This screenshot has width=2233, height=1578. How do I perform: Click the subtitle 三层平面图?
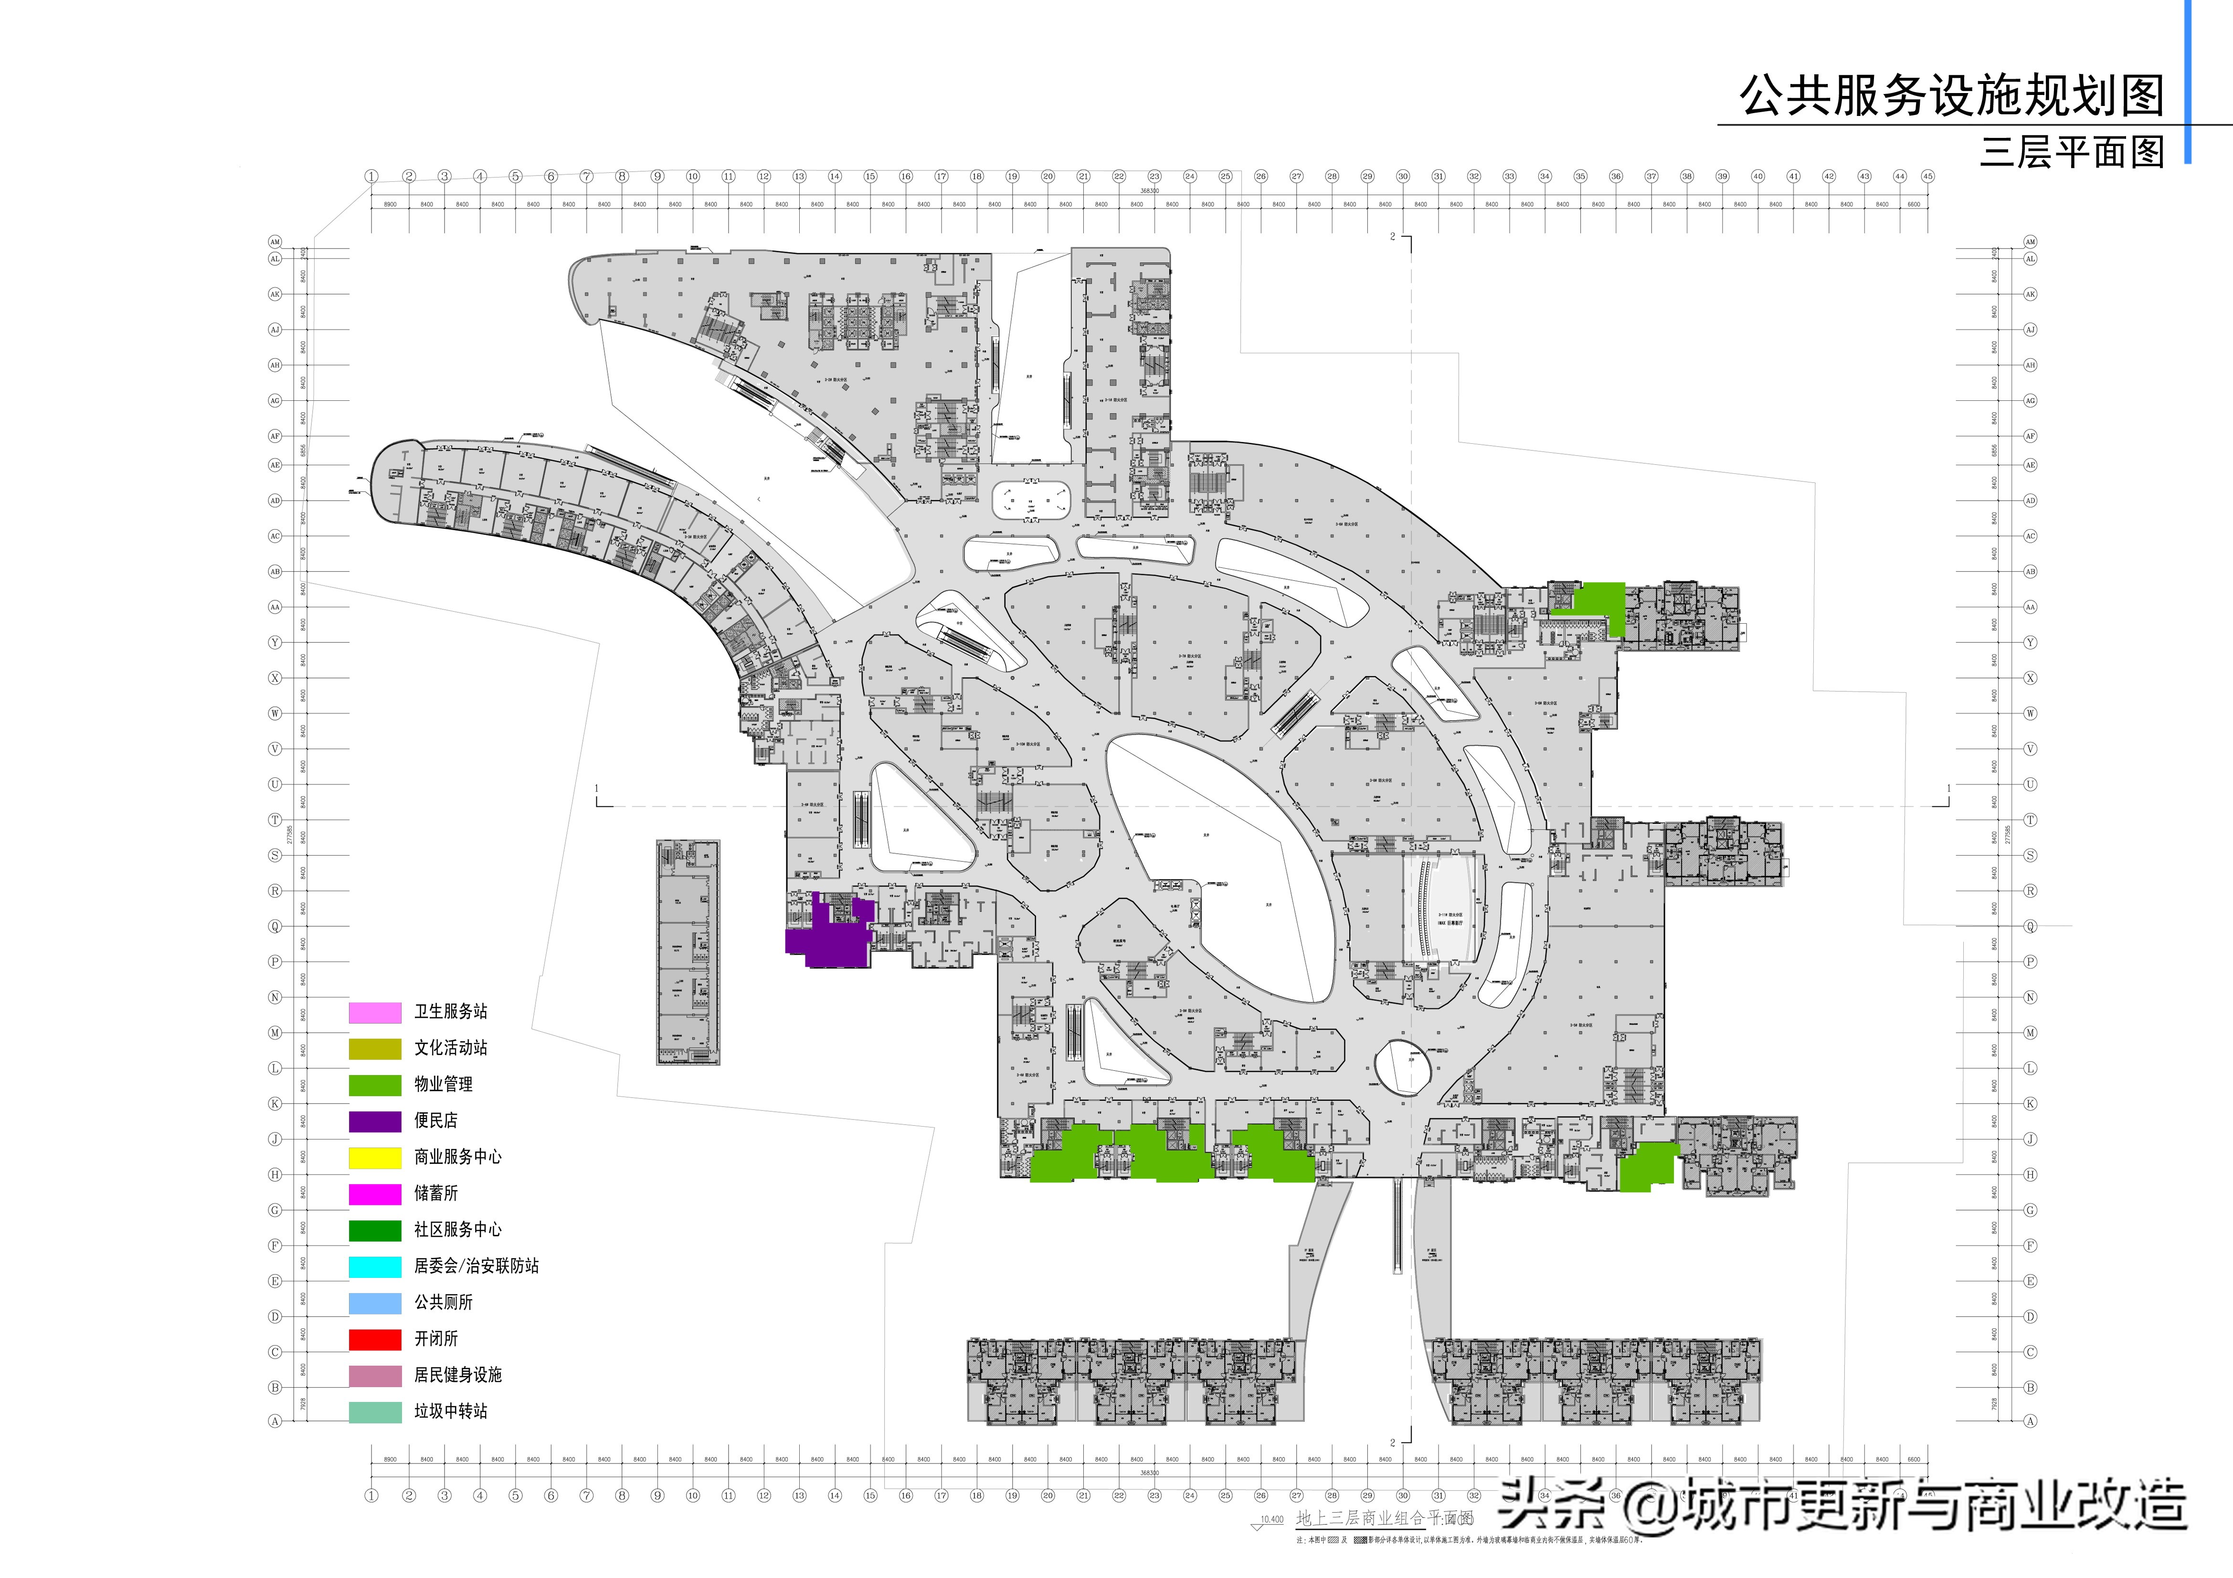click(2072, 152)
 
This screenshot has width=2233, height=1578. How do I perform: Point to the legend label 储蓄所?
click(436, 1193)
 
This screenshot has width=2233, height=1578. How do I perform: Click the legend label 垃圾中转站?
click(450, 1411)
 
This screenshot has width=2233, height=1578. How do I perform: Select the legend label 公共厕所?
click(444, 1302)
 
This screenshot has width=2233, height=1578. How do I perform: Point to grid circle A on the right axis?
click(2030, 1421)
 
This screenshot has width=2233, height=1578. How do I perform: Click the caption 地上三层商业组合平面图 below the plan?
click(1381, 1518)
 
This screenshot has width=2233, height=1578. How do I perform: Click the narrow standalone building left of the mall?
click(688, 953)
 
